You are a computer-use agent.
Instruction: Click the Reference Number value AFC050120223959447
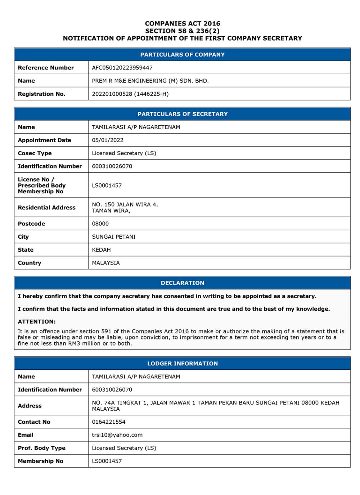[x=122, y=68]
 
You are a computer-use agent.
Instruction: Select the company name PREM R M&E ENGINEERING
[x=150, y=81]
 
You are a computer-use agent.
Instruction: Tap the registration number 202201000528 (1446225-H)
[x=130, y=94]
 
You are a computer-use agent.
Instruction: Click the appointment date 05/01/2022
[x=108, y=140]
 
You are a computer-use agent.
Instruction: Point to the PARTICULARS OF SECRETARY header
[x=183, y=114]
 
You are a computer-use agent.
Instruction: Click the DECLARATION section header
[x=183, y=283]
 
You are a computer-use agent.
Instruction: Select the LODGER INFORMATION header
[x=183, y=364]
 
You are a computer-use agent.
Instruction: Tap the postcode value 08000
[x=100, y=224]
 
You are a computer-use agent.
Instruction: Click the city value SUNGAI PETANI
[x=114, y=237]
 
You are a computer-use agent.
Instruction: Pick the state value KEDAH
[x=101, y=250]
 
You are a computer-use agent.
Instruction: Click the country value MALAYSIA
[x=106, y=263]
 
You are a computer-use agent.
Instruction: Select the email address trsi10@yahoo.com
[x=117, y=435]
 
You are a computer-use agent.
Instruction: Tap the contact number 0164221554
[x=109, y=422]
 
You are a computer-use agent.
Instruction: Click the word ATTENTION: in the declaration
[x=37, y=321]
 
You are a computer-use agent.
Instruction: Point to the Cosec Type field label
[x=35, y=153]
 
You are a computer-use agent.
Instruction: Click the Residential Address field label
[x=46, y=207]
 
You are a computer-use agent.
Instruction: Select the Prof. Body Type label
[x=41, y=448]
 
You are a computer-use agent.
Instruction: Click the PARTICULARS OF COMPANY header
[x=183, y=55]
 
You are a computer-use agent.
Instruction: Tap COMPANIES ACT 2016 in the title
[x=183, y=23]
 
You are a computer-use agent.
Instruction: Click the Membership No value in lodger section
[x=107, y=461]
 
